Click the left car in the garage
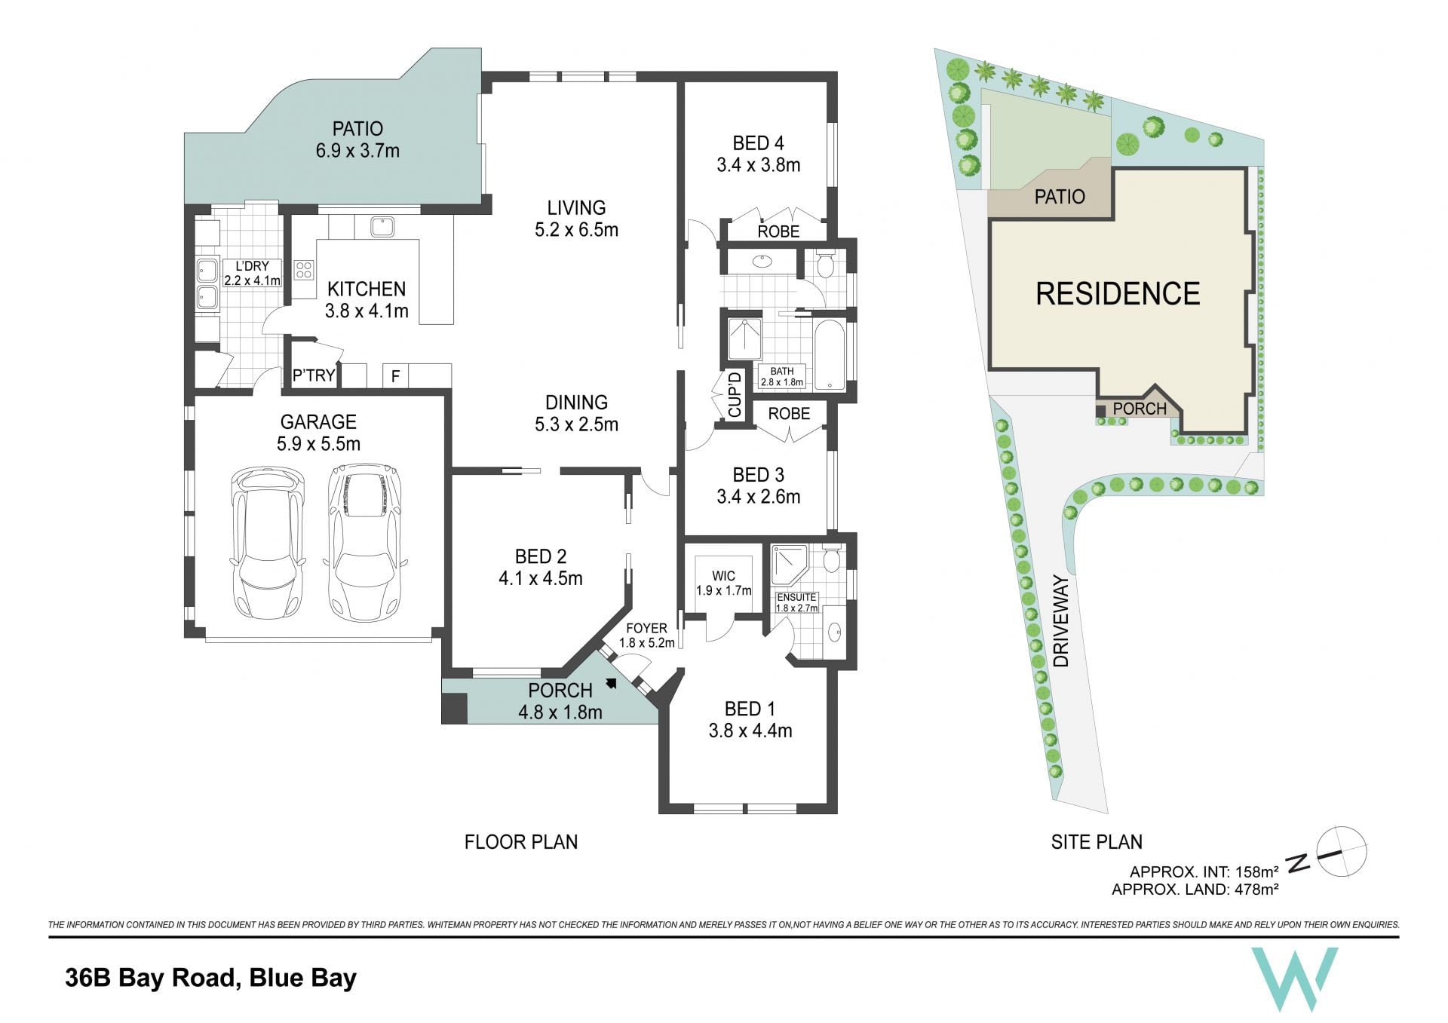268,544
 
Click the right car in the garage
365,542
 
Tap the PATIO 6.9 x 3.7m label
357,139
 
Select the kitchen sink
382,226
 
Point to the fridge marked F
395,375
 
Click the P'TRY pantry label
314,375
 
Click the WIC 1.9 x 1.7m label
723,583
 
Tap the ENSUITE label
797,597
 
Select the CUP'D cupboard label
735,394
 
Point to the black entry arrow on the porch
611,684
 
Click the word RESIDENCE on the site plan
1118,294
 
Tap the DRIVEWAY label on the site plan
1061,621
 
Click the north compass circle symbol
1342,852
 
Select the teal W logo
1294,979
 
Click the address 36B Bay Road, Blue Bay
210,978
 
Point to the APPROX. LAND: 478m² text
1195,890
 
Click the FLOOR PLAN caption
521,842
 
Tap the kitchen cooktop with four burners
304,269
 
